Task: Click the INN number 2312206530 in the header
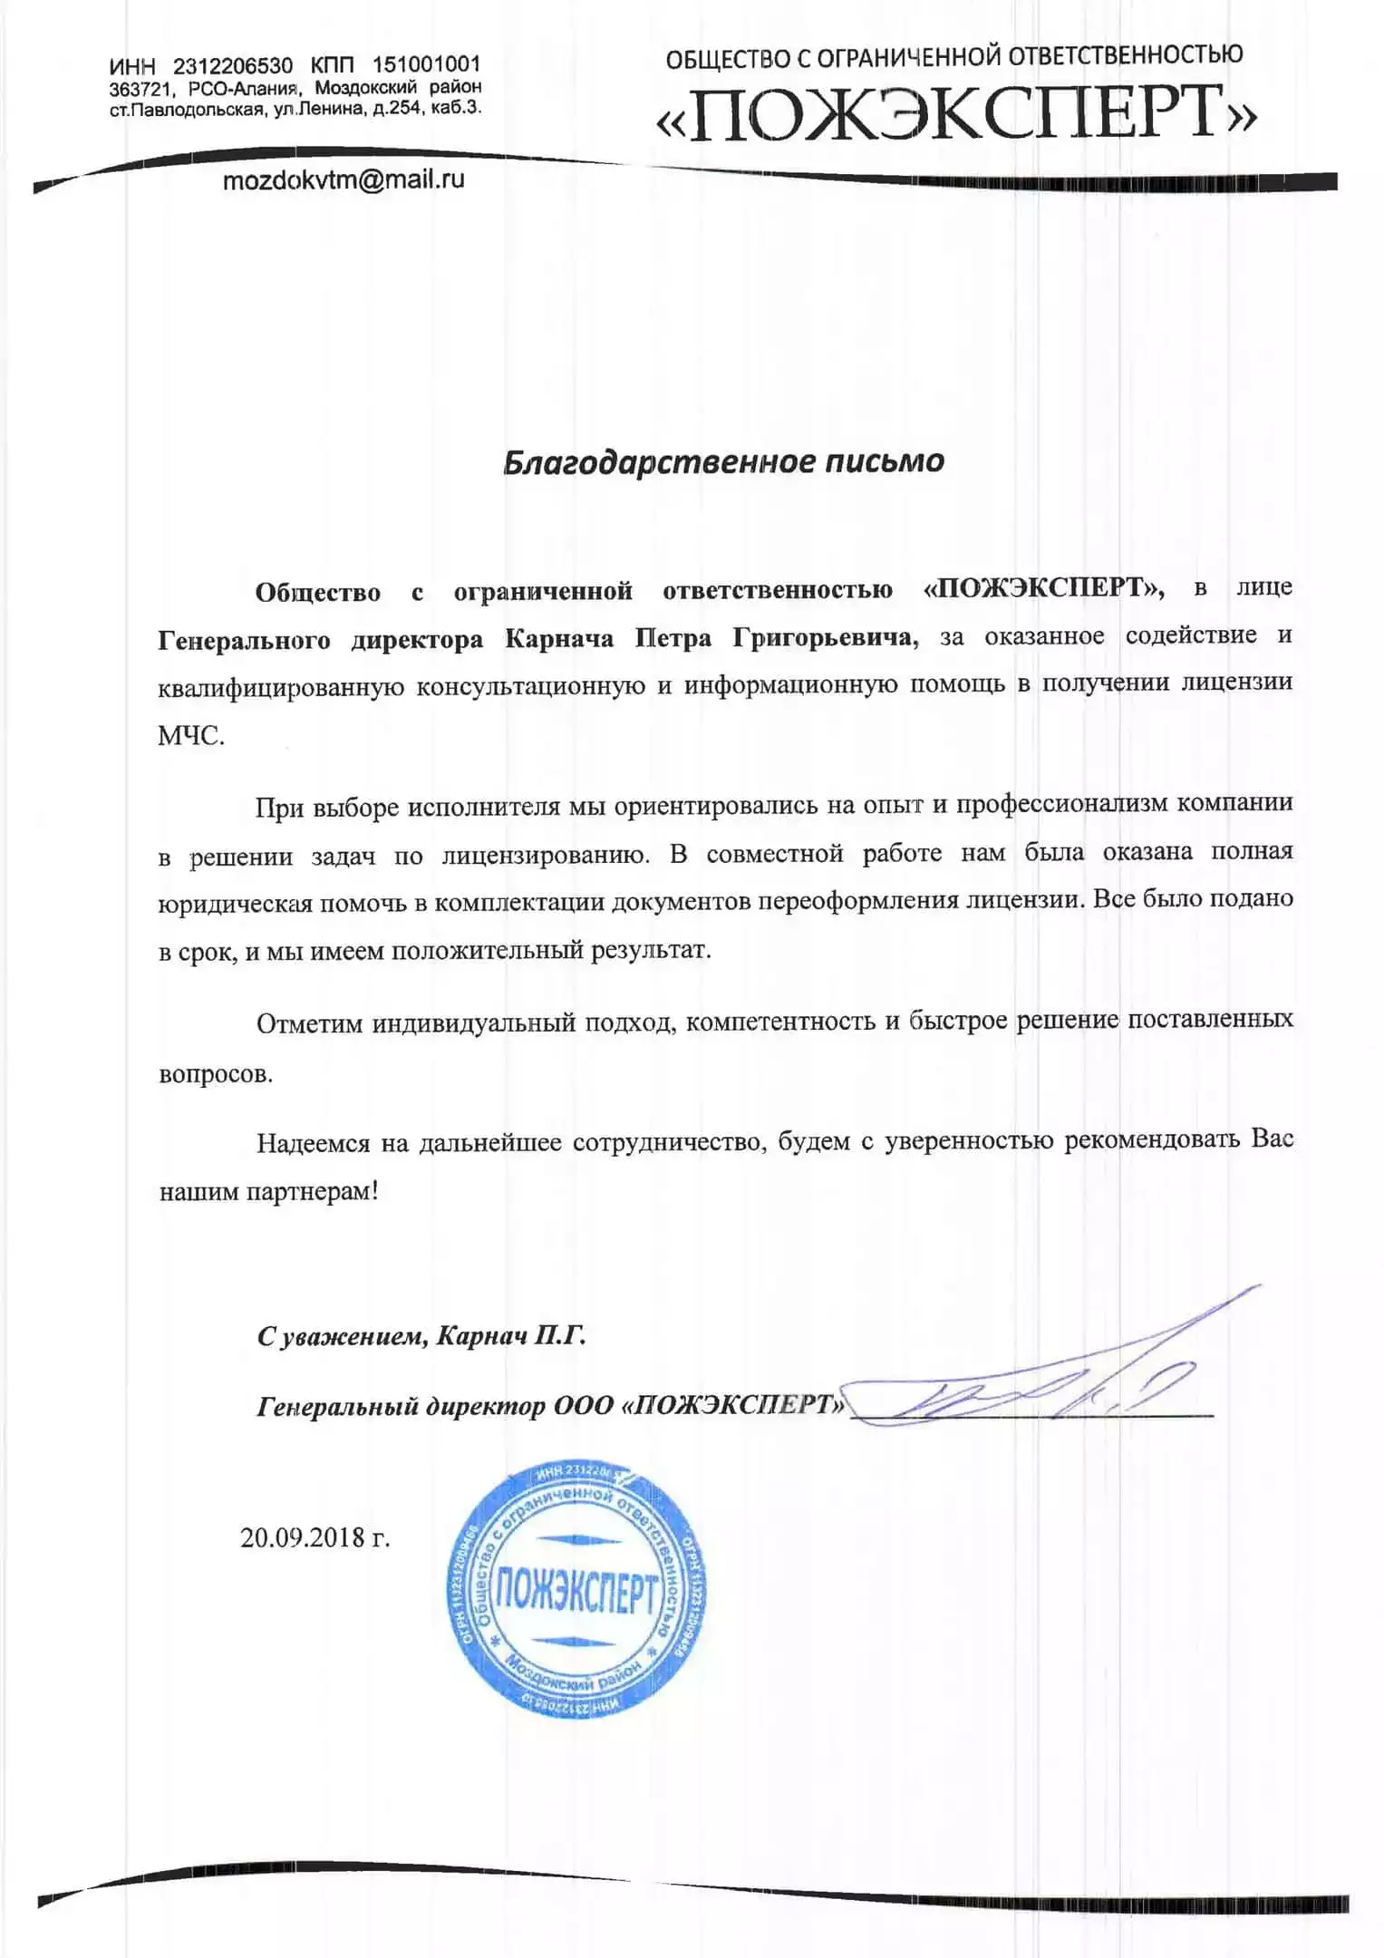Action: (233, 66)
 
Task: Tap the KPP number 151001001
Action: (426, 65)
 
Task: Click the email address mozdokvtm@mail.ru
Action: (344, 179)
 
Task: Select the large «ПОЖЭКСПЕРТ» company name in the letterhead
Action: (956, 114)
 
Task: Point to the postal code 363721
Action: (141, 89)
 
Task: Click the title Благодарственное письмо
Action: (723, 461)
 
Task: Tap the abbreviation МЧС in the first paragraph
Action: (190, 735)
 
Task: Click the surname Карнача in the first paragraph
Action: (558, 638)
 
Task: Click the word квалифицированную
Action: (280, 687)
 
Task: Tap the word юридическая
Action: (236, 903)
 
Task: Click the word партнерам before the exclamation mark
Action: (308, 1192)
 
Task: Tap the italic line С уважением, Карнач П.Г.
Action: (421, 1336)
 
